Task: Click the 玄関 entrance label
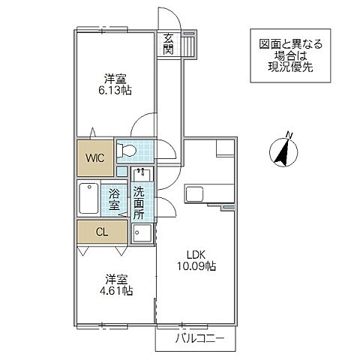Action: [x=168, y=44]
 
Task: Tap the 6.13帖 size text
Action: [x=115, y=88]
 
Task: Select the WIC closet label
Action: [x=94, y=157]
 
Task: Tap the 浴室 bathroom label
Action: [x=115, y=198]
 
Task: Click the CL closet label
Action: [x=102, y=232]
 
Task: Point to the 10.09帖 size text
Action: [x=196, y=266]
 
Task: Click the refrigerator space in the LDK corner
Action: [x=225, y=147]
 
